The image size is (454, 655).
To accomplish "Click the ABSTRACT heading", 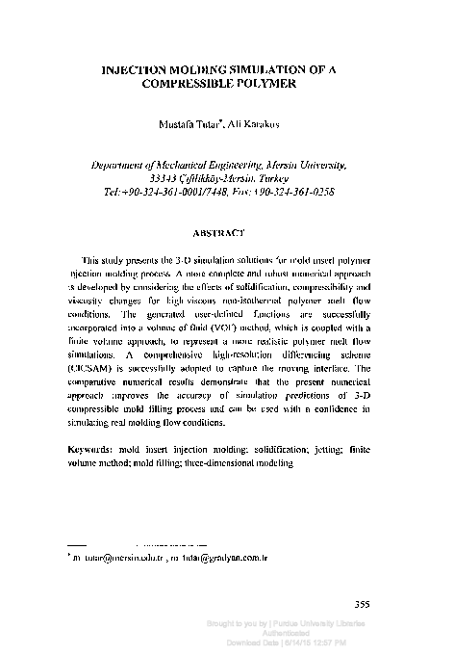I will pyautogui.click(x=226, y=232).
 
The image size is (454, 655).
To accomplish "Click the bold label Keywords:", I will pyautogui.click(x=94, y=449).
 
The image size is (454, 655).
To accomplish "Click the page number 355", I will pyautogui.click(x=363, y=605).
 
